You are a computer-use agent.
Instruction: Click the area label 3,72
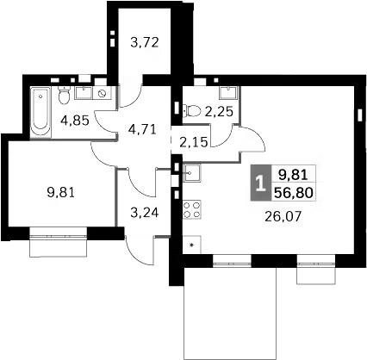tap(145, 42)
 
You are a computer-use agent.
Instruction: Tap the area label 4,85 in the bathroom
tap(75, 121)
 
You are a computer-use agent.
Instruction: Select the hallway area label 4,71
tap(142, 129)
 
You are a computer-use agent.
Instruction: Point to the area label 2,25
tap(219, 111)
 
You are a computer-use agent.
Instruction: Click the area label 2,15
tap(194, 142)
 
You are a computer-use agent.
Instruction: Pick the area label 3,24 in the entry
tap(145, 213)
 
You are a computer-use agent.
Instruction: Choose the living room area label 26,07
tap(283, 216)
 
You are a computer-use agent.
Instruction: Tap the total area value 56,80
tap(294, 193)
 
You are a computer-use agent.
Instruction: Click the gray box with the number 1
tap(260, 183)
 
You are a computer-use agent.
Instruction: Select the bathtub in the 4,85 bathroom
tap(40, 113)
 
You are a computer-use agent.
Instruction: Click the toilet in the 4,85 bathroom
tap(64, 95)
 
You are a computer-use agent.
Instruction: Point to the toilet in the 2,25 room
tap(191, 111)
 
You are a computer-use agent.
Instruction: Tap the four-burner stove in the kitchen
tap(192, 209)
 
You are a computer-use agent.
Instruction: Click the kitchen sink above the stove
tap(192, 173)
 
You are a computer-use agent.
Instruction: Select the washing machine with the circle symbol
tap(102, 93)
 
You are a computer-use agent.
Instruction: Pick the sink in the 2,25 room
tap(229, 93)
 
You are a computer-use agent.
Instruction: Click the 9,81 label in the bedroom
tap(60, 192)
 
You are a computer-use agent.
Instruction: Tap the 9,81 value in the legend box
tap(294, 175)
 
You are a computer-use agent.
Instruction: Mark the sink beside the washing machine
tap(84, 93)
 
